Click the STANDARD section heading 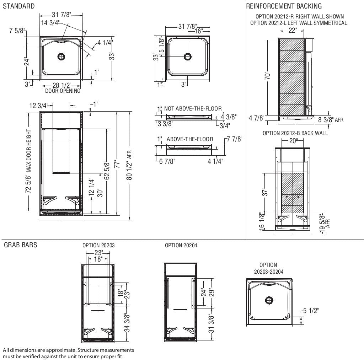point(19,6)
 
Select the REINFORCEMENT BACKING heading point(284,6)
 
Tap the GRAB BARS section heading point(20,245)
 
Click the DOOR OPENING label point(63,91)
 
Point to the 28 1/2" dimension point(62,85)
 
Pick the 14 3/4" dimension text point(50,23)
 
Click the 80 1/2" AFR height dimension point(129,165)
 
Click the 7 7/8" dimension point(234,139)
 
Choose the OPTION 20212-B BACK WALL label point(295,133)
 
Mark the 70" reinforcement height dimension point(270,76)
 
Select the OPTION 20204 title point(181,246)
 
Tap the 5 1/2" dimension point(310,311)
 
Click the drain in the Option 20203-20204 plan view point(269,300)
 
